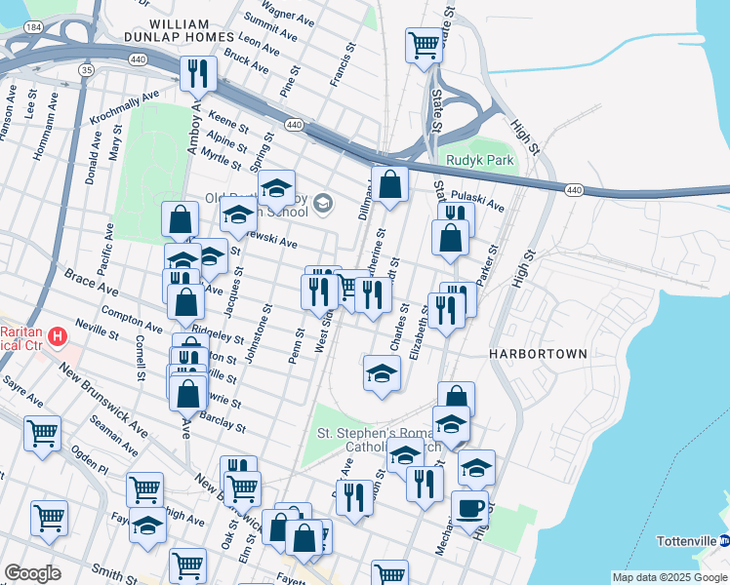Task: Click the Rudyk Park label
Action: click(x=479, y=160)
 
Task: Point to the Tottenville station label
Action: click(x=687, y=540)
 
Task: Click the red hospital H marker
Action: click(x=58, y=337)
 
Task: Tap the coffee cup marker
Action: click(x=469, y=508)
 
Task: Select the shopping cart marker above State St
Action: click(x=424, y=44)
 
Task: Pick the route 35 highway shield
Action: click(x=87, y=70)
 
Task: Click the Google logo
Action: click(x=32, y=573)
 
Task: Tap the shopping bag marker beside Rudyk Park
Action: click(x=389, y=183)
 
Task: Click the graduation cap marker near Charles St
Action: click(x=382, y=372)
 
